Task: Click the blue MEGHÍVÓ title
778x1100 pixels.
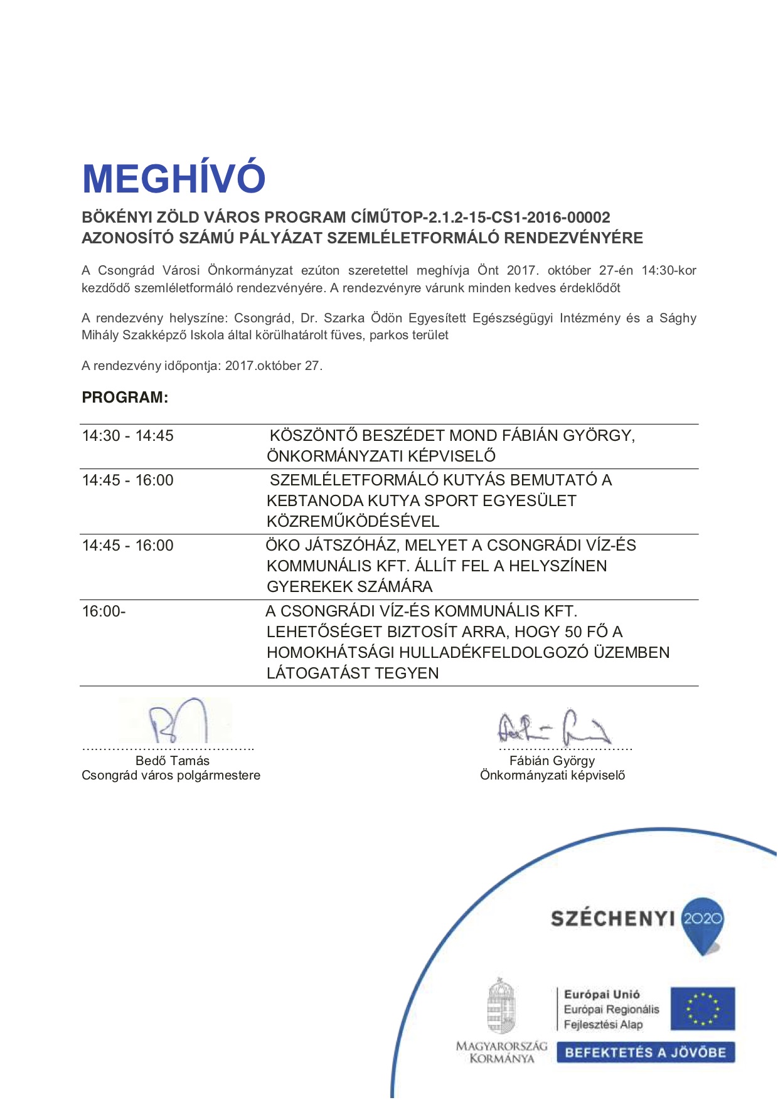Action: pos(174,179)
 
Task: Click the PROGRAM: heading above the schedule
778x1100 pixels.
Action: pos(125,398)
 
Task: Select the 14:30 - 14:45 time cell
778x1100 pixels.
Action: pos(128,436)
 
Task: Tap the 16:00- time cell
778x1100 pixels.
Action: pos(104,611)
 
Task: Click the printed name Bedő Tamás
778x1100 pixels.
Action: pos(173,761)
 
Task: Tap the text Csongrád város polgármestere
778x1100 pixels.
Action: pos(171,776)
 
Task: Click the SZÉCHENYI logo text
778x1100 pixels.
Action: pos(612,919)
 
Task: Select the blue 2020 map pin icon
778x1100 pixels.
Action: pos(703,924)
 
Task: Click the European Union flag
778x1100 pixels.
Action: pos(702,1008)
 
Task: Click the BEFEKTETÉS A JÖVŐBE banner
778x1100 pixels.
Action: pos(645,1052)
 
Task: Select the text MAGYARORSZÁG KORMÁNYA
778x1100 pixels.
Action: pos(501,1052)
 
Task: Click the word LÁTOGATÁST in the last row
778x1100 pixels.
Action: pos(311,674)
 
